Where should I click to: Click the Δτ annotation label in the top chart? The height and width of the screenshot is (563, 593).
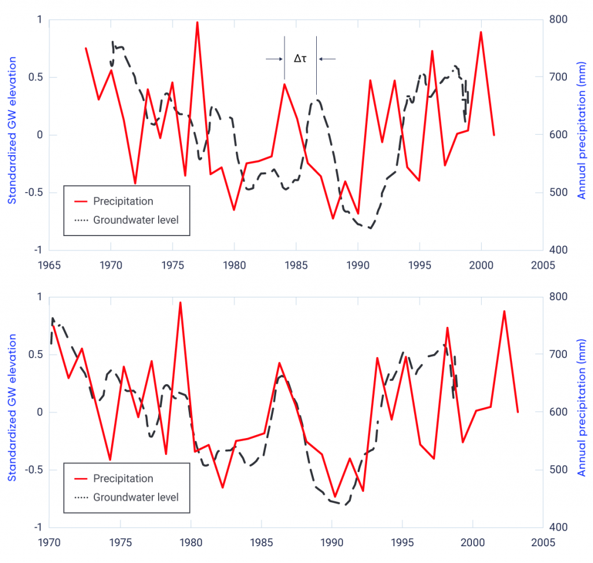tap(300, 58)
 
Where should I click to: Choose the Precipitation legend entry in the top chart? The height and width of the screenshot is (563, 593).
tap(123, 201)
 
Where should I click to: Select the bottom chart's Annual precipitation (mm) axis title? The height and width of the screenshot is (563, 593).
tap(583, 411)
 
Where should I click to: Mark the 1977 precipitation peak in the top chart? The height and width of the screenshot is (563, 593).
tap(197, 23)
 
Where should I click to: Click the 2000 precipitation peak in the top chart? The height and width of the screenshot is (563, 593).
tap(481, 32)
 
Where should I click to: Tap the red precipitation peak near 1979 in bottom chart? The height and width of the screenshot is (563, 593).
tap(180, 303)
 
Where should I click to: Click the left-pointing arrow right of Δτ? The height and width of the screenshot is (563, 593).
tap(327, 58)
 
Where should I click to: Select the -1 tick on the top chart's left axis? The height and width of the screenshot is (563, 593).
tap(39, 250)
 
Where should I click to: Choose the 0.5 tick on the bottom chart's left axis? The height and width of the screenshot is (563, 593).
tap(36, 354)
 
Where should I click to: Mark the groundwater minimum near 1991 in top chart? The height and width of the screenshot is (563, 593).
tap(370, 228)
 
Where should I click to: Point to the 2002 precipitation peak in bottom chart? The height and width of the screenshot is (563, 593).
tap(504, 311)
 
